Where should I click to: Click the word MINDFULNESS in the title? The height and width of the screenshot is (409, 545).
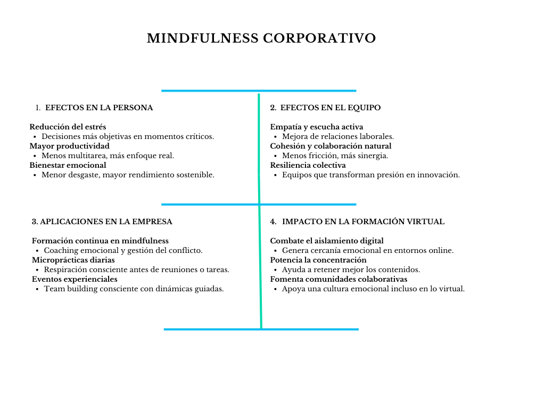[x=203, y=38]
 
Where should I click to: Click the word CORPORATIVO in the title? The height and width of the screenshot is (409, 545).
[x=319, y=38]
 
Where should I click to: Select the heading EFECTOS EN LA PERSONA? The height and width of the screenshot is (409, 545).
[x=99, y=108]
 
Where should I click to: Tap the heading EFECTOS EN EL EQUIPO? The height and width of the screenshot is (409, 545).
[x=331, y=108]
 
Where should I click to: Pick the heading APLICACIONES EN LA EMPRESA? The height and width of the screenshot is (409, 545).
[x=106, y=222]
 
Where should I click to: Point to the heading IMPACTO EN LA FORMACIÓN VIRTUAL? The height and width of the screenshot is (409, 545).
[x=363, y=222]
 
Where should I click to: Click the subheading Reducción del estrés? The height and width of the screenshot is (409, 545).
[x=68, y=127]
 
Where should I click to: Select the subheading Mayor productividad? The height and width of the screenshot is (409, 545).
[x=70, y=146]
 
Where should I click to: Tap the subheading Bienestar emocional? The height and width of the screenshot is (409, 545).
[x=68, y=165]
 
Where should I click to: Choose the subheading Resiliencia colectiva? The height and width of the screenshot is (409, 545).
[x=308, y=165]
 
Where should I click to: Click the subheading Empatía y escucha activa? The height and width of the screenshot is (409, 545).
[x=317, y=127]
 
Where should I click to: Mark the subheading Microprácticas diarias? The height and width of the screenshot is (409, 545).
[x=73, y=260]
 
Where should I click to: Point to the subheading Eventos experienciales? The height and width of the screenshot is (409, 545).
[x=75, y=279]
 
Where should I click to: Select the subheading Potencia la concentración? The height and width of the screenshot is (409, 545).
[x=318, y=260]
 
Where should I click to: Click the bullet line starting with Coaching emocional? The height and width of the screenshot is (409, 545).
[x=123, y=250]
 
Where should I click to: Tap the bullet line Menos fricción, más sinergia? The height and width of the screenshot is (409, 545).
[x=335, y=156]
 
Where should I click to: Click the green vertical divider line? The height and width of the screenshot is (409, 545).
[x=260, y=211]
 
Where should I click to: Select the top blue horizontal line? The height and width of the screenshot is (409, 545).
[x=259, y=91]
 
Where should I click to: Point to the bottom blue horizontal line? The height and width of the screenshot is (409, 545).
[x=261, y=329]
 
